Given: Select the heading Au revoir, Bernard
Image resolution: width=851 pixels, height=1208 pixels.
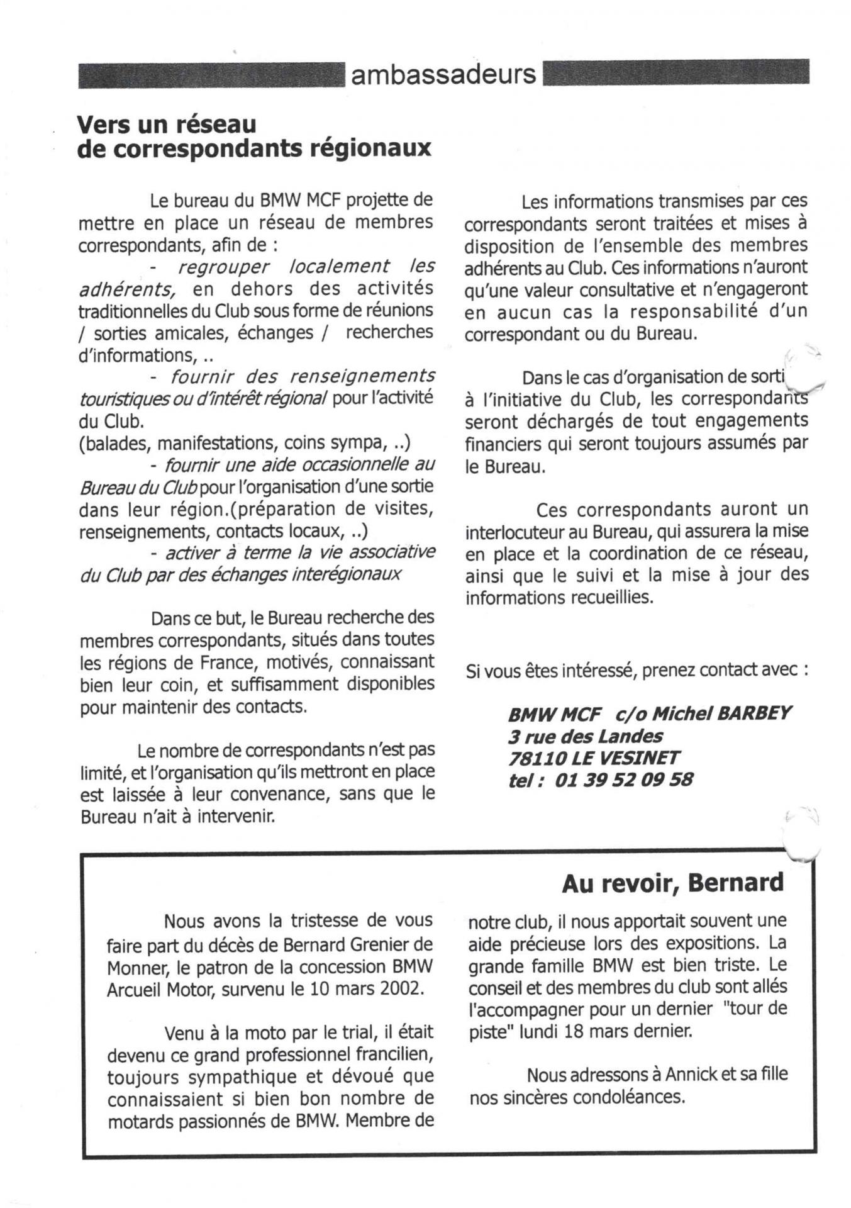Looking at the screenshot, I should pos(672,883).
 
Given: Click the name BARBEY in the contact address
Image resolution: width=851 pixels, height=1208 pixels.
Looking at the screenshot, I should pos(754,713).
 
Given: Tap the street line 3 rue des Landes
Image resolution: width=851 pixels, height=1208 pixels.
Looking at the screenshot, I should pos(585,736).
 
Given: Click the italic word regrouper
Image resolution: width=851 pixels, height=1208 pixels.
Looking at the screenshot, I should pos(223,267).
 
